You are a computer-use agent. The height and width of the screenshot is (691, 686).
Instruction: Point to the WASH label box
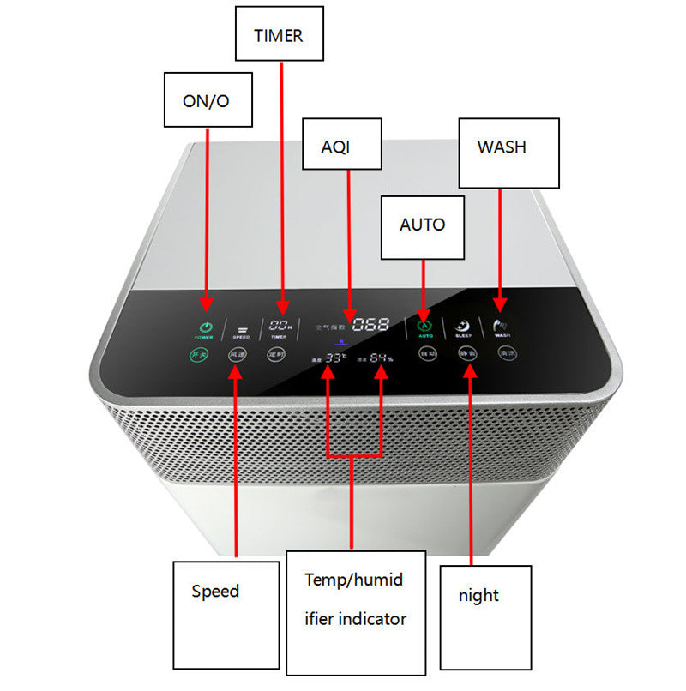(x=508, y=152)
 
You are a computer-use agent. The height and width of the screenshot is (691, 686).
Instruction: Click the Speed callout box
(x=226, y=615)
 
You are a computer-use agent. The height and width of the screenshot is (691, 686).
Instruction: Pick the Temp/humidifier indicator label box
(x=356, y=611)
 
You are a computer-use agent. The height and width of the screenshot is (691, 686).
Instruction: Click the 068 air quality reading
(x=370, y=325)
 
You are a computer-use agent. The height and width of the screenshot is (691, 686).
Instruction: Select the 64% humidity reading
(x=382, y=358)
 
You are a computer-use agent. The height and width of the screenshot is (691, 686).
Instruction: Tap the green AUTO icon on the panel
(x=424, y=325)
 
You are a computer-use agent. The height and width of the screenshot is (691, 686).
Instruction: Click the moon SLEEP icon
(x=463, y=326)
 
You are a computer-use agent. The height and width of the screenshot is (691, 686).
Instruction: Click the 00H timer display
(x=280, y=326)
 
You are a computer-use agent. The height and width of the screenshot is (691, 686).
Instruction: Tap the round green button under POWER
(x=199, y=354)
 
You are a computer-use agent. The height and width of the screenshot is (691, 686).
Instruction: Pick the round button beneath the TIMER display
(x=276, y=354)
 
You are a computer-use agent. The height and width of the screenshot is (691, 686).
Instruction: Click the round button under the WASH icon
(x=508, y=353)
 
